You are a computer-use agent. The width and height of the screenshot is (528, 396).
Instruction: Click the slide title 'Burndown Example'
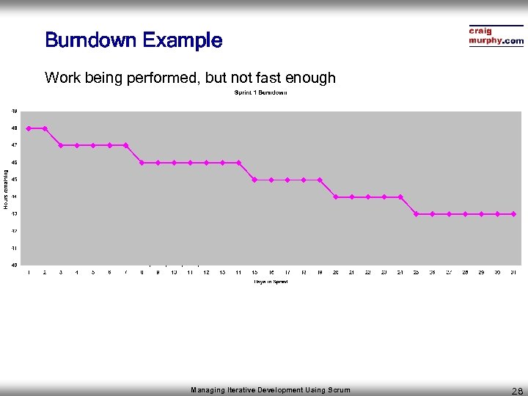click(133, 40)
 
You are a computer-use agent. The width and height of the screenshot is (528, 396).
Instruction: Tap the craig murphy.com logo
click(496, 37)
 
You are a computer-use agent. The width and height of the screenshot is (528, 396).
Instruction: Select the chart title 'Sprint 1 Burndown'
click(260, 92)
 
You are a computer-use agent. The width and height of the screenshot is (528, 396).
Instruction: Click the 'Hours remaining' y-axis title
click(5, 189)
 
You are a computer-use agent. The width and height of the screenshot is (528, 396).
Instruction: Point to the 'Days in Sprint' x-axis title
click(271, 282)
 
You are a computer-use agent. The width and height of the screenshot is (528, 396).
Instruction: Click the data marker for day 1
click(29, 128)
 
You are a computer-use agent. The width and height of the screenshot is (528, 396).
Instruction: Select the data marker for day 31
click(513, 214)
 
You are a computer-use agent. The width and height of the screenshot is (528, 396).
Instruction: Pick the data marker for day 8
click(142, 163)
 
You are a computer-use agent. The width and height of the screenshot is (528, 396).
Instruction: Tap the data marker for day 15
click(254, 180)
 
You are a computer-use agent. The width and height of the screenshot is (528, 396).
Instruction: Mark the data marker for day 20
click(336, 197)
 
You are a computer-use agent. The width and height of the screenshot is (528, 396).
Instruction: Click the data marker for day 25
click(416, 214)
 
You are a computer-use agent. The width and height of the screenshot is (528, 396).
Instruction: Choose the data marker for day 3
click(61, 145)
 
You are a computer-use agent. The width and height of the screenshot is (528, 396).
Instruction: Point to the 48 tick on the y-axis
click(15, 128)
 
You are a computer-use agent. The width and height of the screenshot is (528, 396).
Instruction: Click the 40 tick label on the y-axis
click(15, 265)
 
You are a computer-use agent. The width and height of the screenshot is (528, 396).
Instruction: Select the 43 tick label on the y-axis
click(15, 213)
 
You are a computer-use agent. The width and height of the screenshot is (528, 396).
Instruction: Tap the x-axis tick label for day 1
click(29, 273)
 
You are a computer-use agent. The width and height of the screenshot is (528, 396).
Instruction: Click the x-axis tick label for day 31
click(513, 273)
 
